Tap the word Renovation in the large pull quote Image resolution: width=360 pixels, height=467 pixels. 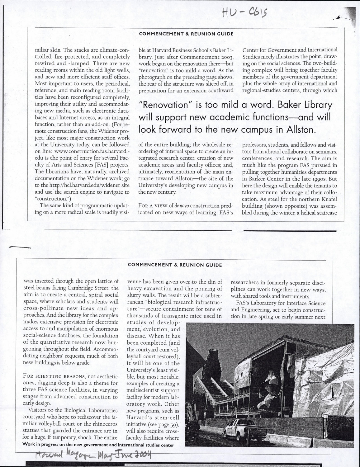tap(162, 105)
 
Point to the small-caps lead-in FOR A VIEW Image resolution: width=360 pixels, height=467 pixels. tap(153, 206)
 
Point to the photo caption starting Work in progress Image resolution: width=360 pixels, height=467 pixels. tap(98, 445)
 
